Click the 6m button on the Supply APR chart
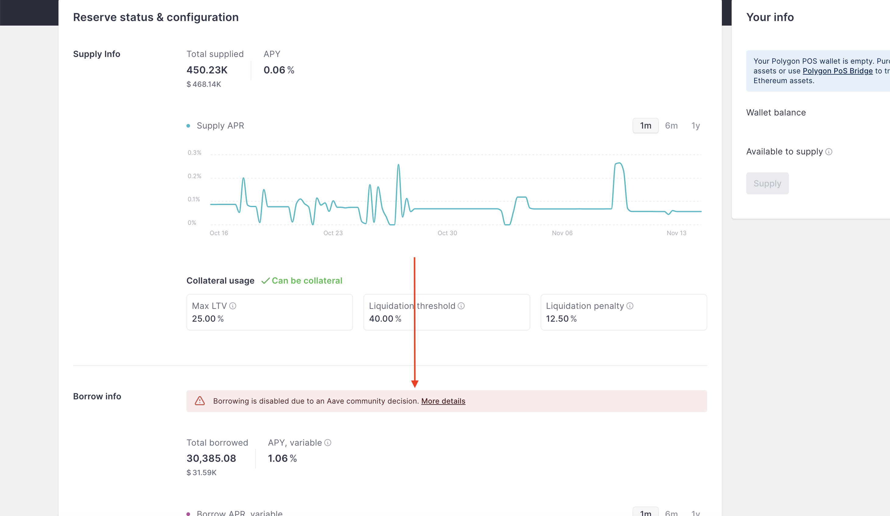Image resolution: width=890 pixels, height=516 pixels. click(x=671, y=126)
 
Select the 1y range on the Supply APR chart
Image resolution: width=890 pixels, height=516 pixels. click(x=695, y=126)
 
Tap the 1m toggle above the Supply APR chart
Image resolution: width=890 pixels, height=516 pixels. click(x=645, y=126)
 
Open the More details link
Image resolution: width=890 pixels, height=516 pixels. click(x=443, y=401)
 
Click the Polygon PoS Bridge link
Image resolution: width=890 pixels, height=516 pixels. click(x=837, y=71)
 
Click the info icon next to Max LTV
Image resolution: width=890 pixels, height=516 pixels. click(x=233, y=306)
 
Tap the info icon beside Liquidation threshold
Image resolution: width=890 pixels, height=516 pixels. click(x=461, y=306)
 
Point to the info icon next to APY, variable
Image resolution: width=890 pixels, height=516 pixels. click(x=328, y=443)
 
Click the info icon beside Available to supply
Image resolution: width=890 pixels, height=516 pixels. click(x=828, y=152)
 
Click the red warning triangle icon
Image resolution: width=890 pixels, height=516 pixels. click(x=200, y=401)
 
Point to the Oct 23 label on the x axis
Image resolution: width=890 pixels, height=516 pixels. click(x=333, y=233)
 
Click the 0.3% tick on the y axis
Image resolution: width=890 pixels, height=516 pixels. click(x=194, y=153)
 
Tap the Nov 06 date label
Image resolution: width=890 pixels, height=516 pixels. click(x=562, y=233)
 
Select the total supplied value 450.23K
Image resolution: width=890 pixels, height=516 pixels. click(x=207, y=70)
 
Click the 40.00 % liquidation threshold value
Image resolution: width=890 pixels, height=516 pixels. click(x=385, y=319)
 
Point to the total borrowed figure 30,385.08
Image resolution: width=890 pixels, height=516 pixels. click(x=211, y=458)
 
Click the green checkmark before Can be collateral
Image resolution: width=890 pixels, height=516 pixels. click(x=265, y=281)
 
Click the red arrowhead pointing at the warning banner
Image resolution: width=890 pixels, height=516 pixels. click(x=415, y=383)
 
